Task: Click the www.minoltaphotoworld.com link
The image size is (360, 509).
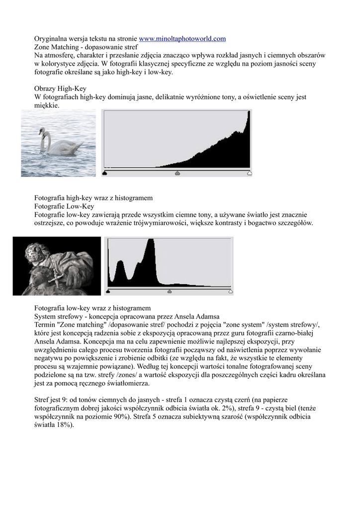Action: coord(182,38)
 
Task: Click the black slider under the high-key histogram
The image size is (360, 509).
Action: coord(105,173)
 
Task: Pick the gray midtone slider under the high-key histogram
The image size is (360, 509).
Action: coord(178,173)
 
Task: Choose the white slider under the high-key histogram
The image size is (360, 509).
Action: coord(250,173)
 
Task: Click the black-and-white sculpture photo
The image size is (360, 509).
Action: coord(56,266)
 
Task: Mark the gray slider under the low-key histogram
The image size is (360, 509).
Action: coord(170,291)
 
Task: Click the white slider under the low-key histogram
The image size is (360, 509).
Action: coord(230,291)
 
